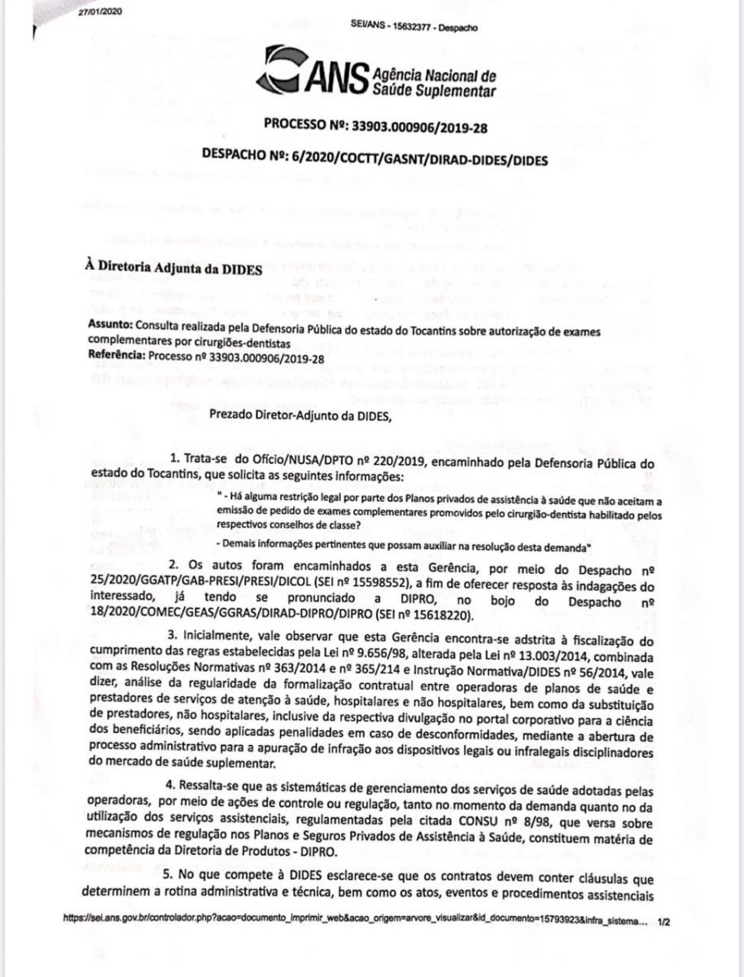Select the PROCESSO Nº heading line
pos(376,125)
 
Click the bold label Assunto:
pos(112,323)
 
